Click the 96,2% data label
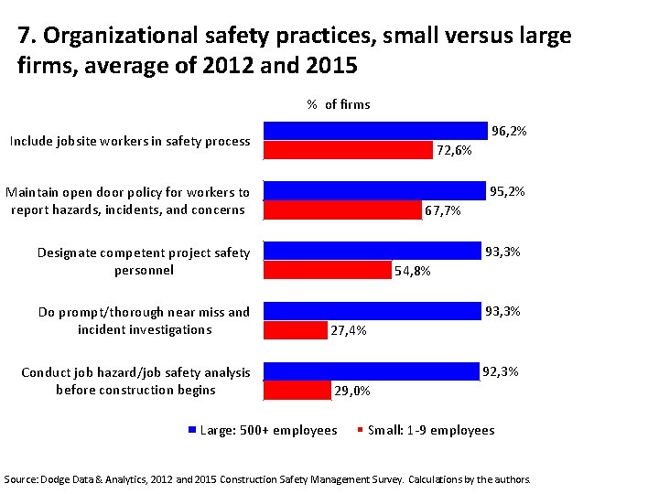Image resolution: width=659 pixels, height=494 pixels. (509, 132)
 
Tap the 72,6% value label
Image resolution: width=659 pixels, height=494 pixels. (454, 150)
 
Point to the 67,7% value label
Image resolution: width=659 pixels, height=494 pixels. (443, 210)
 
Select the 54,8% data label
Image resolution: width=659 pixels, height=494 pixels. (412, 271)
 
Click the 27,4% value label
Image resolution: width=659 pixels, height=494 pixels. (349, 330)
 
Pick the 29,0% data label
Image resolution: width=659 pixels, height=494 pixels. (352, 391)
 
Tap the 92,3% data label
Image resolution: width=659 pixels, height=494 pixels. (501, 371)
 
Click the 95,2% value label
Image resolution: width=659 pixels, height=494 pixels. (507, 192)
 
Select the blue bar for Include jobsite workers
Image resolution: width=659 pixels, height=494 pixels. (375, 131)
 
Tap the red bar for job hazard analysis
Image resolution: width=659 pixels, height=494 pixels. (297, 390)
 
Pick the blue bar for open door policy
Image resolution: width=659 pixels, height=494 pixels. (373, 190)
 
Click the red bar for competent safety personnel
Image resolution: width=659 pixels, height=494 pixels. (327, 270)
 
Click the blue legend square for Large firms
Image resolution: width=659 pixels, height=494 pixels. (192, 430)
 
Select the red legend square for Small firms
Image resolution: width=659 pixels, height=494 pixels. (361, 430)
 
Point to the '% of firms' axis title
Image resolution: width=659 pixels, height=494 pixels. (339, 104)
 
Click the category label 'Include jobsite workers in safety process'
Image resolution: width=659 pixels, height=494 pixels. (129, 141)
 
